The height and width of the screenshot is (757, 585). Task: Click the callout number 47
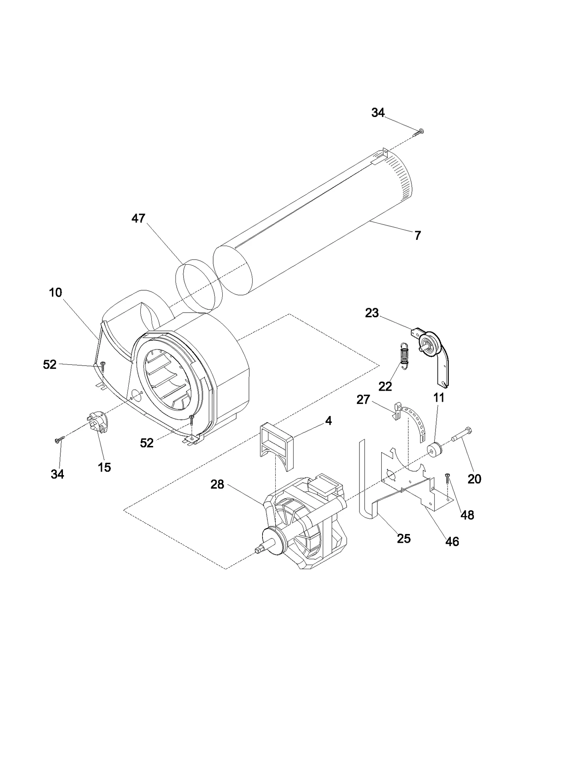[138, 219]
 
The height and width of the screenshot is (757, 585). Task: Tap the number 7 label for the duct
[418, 235]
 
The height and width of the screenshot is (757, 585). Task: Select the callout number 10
[56, 292]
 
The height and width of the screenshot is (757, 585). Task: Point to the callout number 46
[452, 541]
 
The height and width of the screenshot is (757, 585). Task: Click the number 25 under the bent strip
[404, 538]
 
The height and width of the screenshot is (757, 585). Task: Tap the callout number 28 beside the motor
[217, 485]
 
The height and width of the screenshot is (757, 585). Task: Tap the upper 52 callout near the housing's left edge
[50, 364]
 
